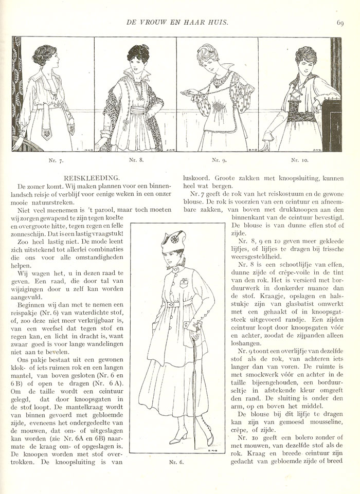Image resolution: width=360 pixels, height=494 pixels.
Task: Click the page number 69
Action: coord(340,22)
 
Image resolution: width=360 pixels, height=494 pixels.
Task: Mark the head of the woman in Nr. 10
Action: coord(305,58)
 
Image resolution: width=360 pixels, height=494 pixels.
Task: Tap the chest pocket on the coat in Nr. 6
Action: coord(184,282)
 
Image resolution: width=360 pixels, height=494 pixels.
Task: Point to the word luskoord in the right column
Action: coord(196,177)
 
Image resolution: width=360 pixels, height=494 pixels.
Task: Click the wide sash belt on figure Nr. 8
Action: coord(138,111)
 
